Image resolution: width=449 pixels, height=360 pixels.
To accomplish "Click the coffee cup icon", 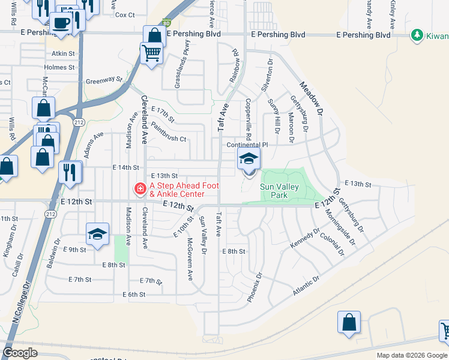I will pos(61,23).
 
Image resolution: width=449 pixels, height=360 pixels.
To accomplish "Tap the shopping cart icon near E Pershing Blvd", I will pos(151,53).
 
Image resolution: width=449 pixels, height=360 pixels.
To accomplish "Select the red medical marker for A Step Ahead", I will pos(140,189).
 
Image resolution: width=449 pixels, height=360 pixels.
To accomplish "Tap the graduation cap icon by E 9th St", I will pos(97,235).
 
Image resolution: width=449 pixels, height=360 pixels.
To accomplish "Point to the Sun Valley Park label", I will pos(279,191).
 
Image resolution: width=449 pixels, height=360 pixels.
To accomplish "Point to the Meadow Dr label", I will pos(312,99).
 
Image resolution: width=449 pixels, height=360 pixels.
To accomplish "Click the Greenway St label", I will pos(103,79).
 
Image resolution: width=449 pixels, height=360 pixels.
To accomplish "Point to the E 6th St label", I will pos(133,295).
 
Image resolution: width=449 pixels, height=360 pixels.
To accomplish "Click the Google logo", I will pos(20,353).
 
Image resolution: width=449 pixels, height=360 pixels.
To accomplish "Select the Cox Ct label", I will pos(125,15).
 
